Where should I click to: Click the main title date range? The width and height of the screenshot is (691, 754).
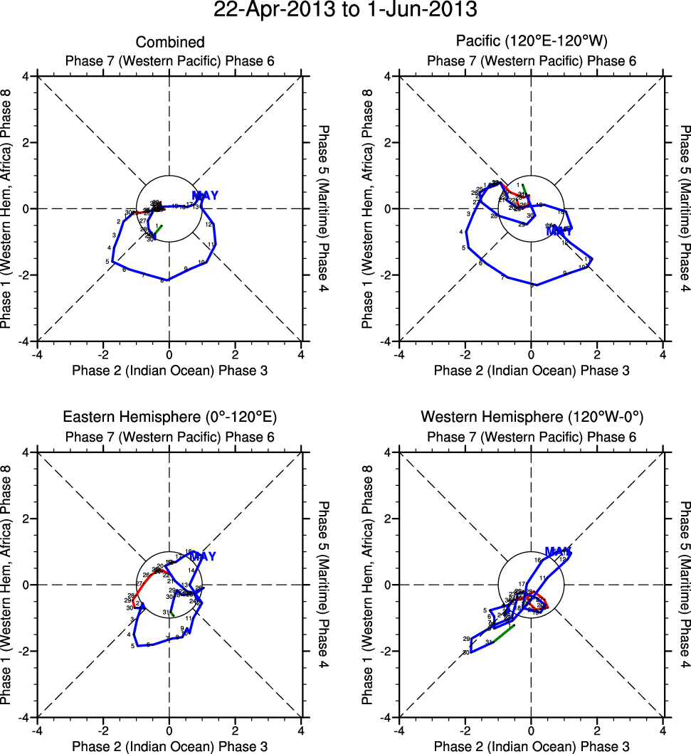[x=345, y=10]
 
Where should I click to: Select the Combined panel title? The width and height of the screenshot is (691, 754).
[x=169, y=43]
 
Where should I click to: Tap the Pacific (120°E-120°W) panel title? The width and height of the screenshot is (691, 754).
[x=531, y=43]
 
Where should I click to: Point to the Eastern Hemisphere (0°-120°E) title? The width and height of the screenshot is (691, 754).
[x=169, y=418]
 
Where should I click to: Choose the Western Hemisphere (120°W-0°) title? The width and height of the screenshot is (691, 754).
[x=531, y=418]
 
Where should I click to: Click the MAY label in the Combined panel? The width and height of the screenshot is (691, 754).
[x=205, y=196]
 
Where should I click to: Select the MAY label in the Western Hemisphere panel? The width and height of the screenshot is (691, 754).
[x=559, y=551]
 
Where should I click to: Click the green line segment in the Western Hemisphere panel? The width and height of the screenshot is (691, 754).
[x=501, y=635]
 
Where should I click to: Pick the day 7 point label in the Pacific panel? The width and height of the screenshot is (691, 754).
[x=502, y=277]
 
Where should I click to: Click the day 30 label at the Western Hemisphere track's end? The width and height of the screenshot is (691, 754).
[x=466, y=652]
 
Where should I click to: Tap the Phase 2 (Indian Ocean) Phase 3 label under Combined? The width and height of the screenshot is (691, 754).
[x=169, y=370]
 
